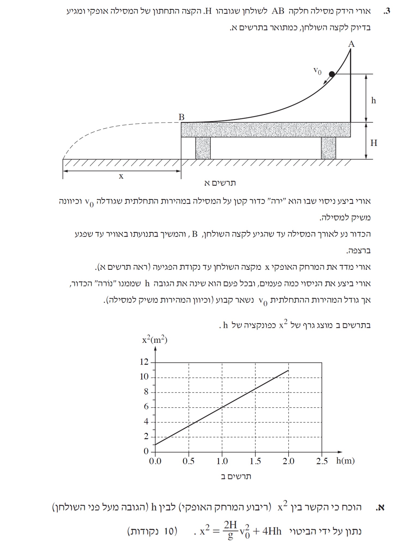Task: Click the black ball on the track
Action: [332, 74]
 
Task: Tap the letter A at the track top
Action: [351, 44]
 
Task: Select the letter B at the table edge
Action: [182, 117]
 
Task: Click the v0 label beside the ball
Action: [318, 71]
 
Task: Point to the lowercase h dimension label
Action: [373, 100]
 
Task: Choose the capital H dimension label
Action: [374, 143]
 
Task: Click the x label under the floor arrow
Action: [121, 176]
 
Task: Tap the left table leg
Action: [203, 148]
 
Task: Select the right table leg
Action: [328, 148]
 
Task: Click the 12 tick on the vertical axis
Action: [144, 362]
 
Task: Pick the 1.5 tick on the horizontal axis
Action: [255, 461]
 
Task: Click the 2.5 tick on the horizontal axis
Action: [322, 461]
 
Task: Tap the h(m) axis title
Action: [345, 460]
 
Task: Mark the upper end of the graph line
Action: [288, 370]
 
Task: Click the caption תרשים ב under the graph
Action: [236, 476]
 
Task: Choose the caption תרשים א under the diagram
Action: [220, 183]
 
